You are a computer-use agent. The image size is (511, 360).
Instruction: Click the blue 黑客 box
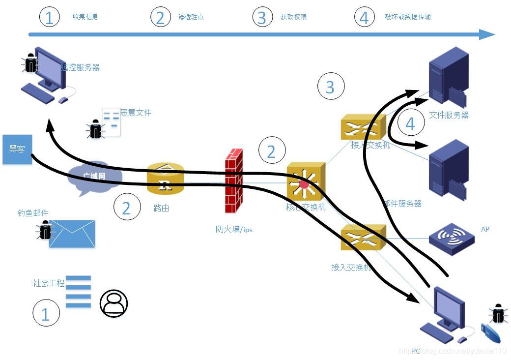[17, 149]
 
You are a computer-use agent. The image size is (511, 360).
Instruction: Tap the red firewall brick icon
[234, 181]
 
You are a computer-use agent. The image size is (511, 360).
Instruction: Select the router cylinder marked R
[165, 179]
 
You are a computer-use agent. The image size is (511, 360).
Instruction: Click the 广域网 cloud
[94, 178]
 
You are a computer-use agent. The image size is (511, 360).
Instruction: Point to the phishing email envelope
[72, 234]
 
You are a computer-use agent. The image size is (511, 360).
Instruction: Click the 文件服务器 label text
[449, 115]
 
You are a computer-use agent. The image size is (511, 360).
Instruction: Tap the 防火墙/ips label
[234, 229]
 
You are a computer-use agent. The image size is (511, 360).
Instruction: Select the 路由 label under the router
[161, 209]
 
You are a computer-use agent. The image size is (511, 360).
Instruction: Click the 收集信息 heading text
[85, 17]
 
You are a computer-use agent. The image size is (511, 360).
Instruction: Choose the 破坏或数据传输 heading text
[408, 17]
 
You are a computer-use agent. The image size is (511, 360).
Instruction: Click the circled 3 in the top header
[262, 17]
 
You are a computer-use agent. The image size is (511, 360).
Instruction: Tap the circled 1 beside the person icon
[46, 314]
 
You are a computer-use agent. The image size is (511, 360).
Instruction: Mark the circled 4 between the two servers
[410, 123]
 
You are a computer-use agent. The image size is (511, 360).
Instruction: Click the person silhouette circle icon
[114, 303]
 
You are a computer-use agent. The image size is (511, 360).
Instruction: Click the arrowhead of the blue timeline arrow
[487, 34]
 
